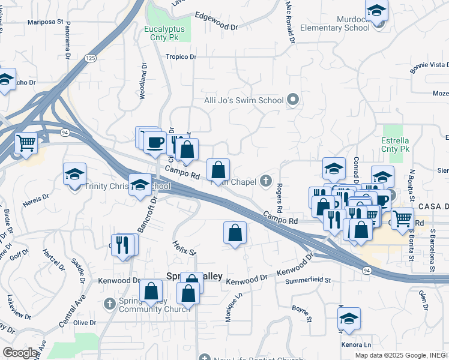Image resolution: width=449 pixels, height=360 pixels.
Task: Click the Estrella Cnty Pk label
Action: [x=395, y=144]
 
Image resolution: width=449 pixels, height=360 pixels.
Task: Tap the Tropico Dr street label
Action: [x=181, y=57]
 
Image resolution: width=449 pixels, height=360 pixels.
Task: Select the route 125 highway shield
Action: [x=90, y=58]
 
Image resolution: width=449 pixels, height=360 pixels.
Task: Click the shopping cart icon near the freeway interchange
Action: [x=26, y=143]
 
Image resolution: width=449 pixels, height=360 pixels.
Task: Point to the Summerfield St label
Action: [x=309, y=280]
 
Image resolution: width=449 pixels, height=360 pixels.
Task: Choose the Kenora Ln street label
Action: [x=355, y=345]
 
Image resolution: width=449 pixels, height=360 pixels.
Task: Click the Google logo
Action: [x=20, y=353]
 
